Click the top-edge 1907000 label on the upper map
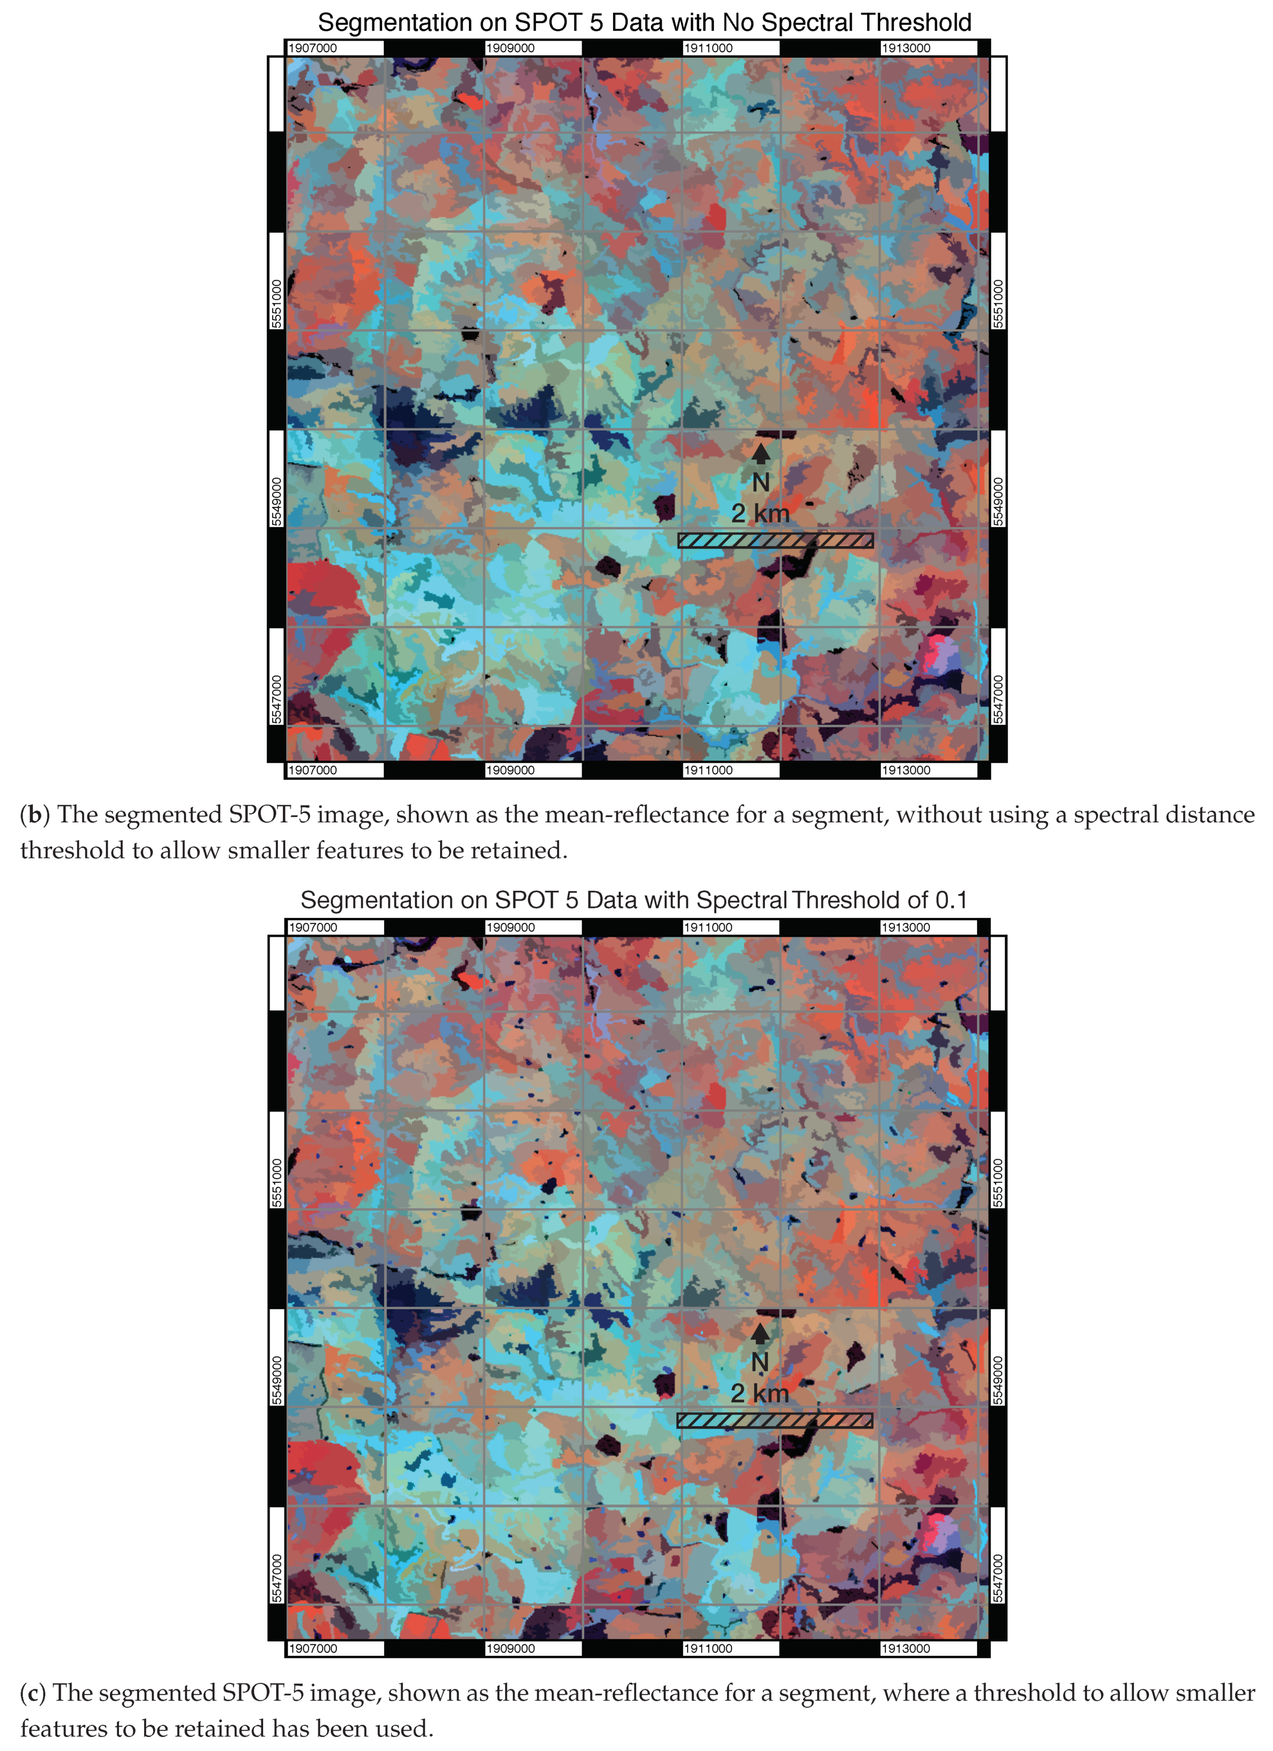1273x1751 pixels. (x=313, y=48)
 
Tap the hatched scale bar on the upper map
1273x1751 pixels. (x=775, y=540)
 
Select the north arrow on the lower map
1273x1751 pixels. (x=760, y=1333)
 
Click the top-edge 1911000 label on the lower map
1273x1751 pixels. (x=708, y=927)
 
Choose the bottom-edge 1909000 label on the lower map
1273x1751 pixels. (x=510, y=1648)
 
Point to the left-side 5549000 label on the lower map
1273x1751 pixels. (x=277, y=1381)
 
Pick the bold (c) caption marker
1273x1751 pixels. (x=33, y=1693)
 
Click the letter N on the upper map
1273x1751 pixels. (x=760, y=483)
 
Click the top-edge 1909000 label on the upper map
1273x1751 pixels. (x=510, y=48)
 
